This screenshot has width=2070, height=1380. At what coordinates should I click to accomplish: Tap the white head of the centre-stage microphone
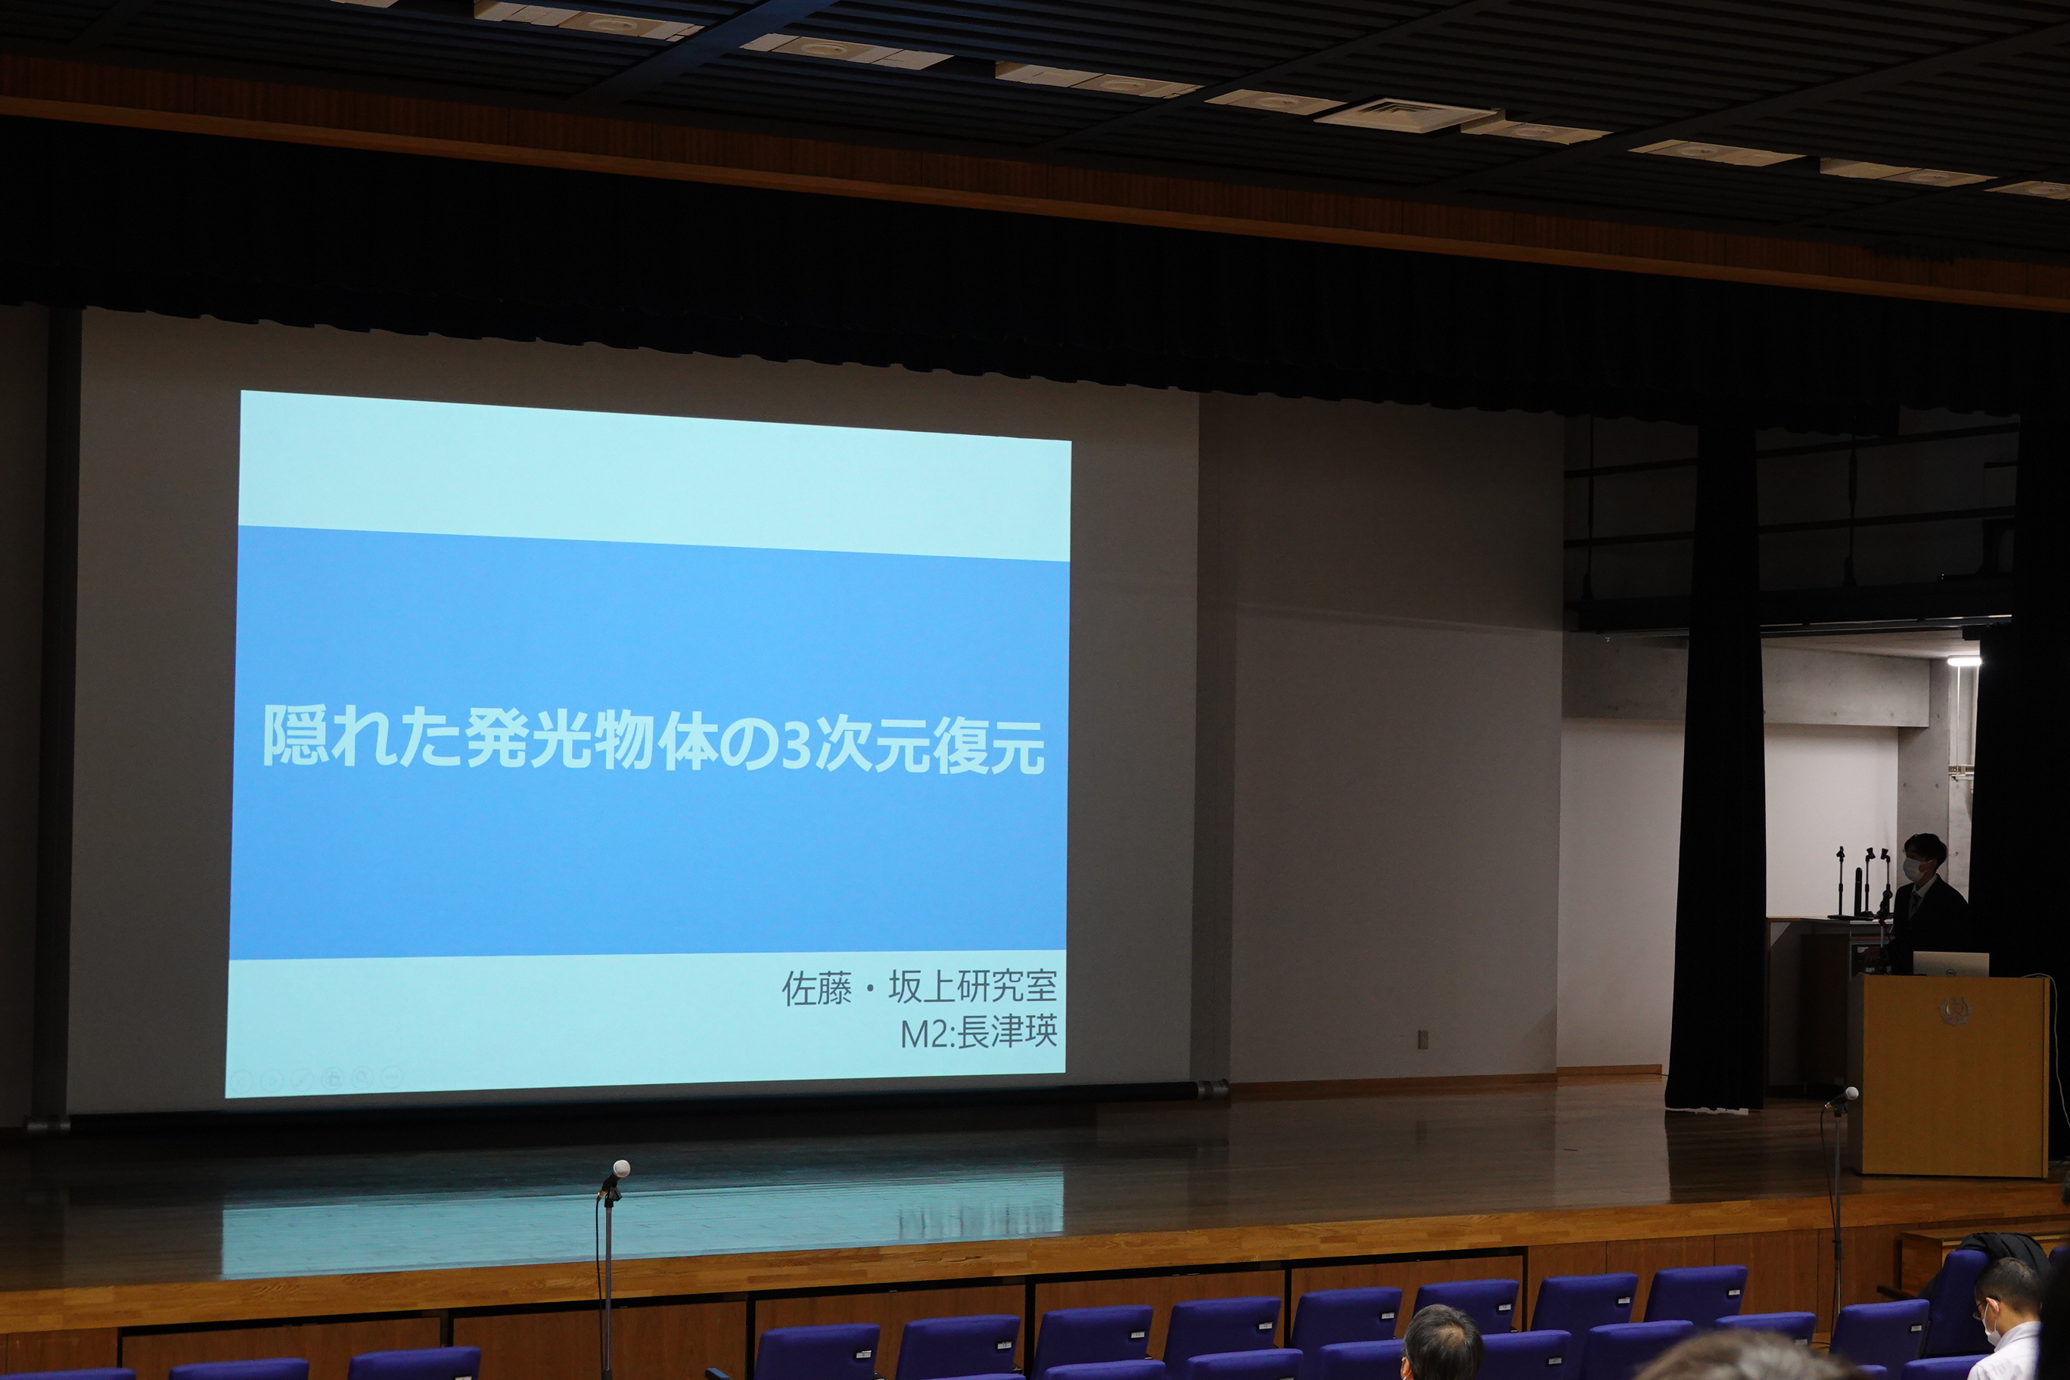[620, 1169]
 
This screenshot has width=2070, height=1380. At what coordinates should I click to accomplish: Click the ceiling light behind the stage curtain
[1963, 659]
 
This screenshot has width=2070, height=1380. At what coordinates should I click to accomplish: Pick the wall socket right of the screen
[1422, 1040]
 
